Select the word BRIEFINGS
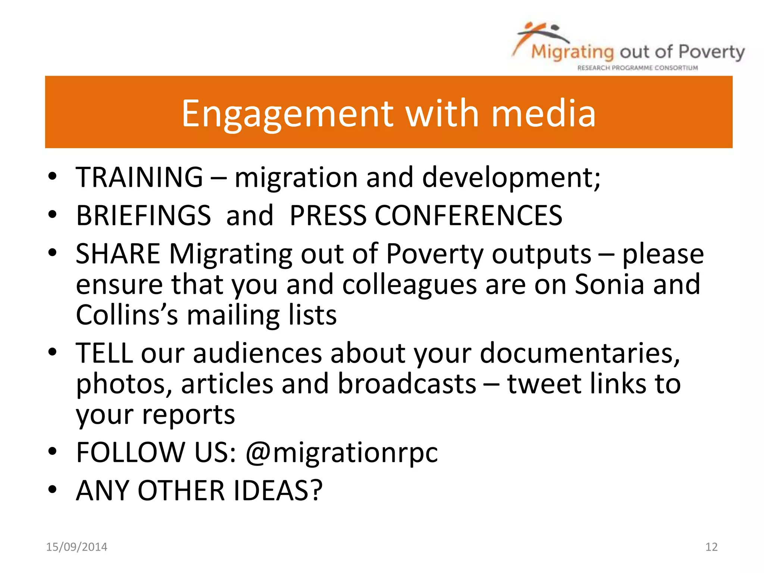[144, 215]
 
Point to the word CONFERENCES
[468, 215]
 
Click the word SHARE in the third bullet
[118, 254]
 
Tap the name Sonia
[609, 284]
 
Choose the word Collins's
[127, 315]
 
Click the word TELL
[104, 353]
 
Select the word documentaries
[580, 353]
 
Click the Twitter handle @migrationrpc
[342, 453]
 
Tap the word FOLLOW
[131, 453]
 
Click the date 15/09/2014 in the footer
[76, 547]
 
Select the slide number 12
[711, 547]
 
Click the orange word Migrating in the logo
[572, 52]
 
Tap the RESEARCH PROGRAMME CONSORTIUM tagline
[638, 68]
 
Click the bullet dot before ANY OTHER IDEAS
[52, 489]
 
